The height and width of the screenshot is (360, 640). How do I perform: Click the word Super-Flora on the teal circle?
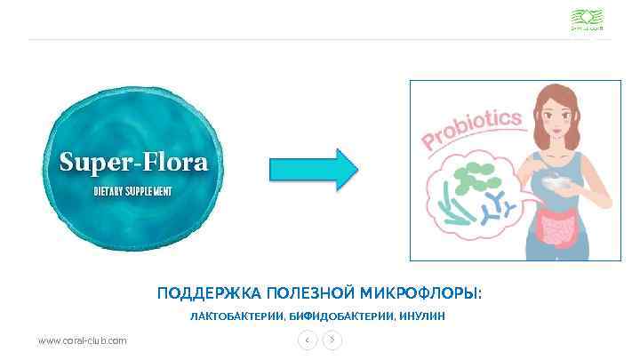click(x=132, y=163)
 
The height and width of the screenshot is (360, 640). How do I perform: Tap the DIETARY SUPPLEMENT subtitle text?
click(x=132, y=192)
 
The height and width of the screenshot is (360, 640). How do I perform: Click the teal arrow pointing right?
click(x=314, y=168)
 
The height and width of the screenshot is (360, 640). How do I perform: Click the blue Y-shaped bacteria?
click(x=498, y=209)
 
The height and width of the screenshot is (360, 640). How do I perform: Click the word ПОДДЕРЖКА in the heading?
click(x=207, y=293)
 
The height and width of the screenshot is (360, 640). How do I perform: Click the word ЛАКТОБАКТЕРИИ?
click(x=237, y=316)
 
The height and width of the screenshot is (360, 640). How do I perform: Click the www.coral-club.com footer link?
click(x=82, y=340)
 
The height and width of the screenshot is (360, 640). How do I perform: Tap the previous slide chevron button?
click(x=307, y=340)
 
